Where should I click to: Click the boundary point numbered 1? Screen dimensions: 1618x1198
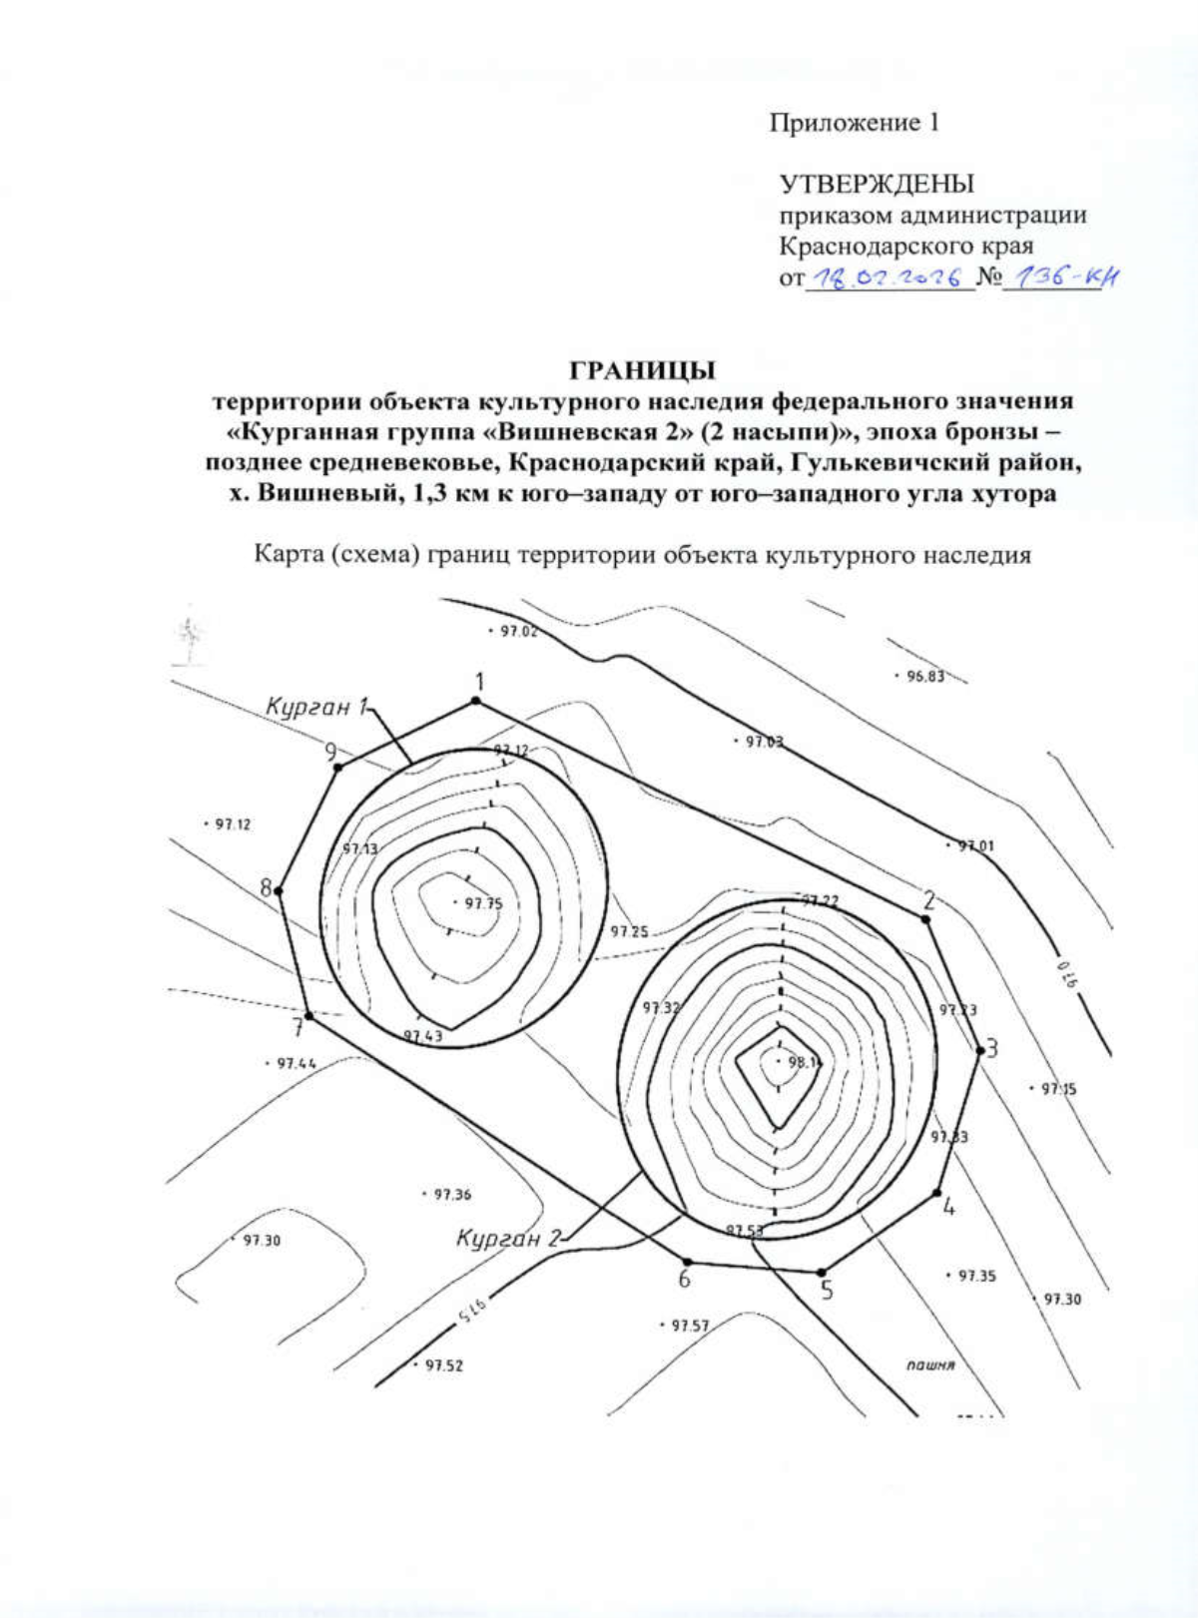(x=476, y=701)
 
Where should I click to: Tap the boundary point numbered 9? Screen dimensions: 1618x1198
(x=338, y=767)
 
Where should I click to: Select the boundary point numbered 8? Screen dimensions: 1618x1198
(x=280, y=890)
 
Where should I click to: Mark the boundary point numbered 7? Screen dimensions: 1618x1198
(x=308, y=1016)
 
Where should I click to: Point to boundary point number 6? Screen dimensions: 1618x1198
(x=687, y=1262)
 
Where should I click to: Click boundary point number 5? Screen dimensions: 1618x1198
(x=822, y=1273)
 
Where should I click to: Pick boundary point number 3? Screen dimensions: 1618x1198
(x=979, y=1048)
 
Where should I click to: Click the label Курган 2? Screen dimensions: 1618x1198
(x=508, y=1239)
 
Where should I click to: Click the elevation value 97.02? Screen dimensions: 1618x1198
(x=517, y=631)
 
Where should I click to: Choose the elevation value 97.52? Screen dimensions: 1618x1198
(x=442, y=1365)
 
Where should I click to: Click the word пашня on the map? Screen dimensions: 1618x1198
(x=930, y=1364)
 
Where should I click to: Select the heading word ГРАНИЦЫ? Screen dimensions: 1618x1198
(x=642, y=371)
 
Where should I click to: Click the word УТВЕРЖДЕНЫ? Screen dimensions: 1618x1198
(x=876, y=185)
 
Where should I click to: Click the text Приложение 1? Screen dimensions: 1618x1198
(x=854, y=123)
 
